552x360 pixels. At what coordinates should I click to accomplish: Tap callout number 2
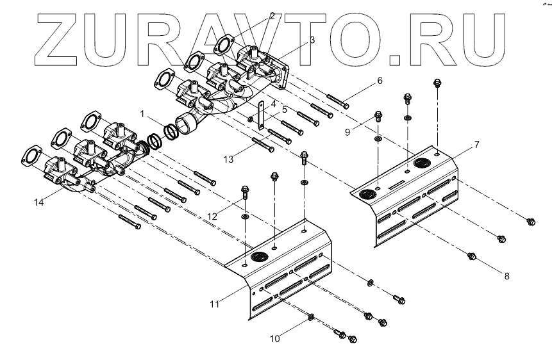point(272,15)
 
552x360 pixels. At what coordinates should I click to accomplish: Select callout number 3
point(312,40)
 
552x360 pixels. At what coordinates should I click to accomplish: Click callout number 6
point(380,81)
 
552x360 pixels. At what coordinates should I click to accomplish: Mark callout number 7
point(476,145)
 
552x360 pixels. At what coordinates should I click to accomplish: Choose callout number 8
point(506,276)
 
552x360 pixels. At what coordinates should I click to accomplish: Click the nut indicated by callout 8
point(473,257)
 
